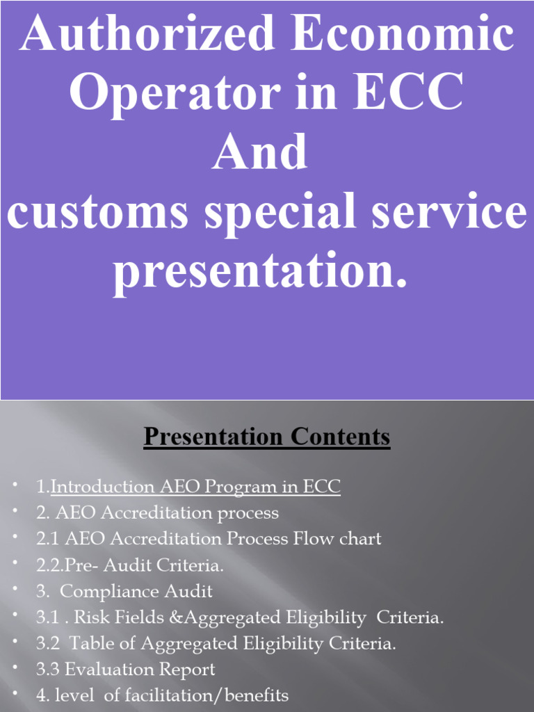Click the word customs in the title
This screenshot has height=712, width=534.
click(x=97, y=212)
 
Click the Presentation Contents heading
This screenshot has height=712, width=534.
click(x=267, y=437)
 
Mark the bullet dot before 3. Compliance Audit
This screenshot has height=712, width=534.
click(x=15, y=590)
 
